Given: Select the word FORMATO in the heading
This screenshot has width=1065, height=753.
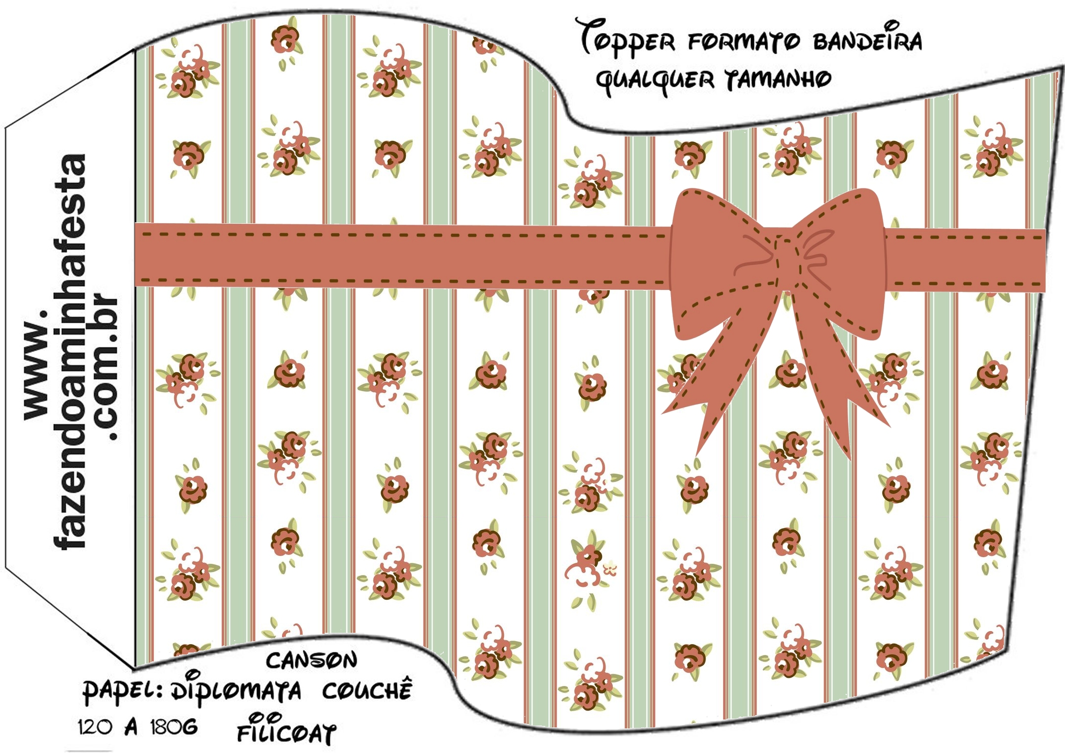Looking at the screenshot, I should pyautogui.click(x=744, y=42).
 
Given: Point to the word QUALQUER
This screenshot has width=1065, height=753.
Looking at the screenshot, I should pyautogui.click(x=655, y=80).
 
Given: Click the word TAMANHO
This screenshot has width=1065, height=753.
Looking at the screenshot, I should pyautogui.click(x=778, y=80).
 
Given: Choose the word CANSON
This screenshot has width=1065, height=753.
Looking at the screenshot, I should pyautogui.click(x=311, y=661).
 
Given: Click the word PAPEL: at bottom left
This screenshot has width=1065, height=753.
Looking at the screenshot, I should pyautogui.click(x=122, y=691).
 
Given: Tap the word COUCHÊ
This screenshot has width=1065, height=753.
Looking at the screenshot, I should pyautogui.click(x=367, y=690).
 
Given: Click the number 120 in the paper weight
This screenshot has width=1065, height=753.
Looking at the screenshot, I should pyautogui.click(x=95, y=727).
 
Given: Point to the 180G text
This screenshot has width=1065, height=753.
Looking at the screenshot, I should pyautogui.click(x=174, y=727).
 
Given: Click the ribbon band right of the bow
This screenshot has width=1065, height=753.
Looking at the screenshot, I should pyautogui.click(x=966, y=260).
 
